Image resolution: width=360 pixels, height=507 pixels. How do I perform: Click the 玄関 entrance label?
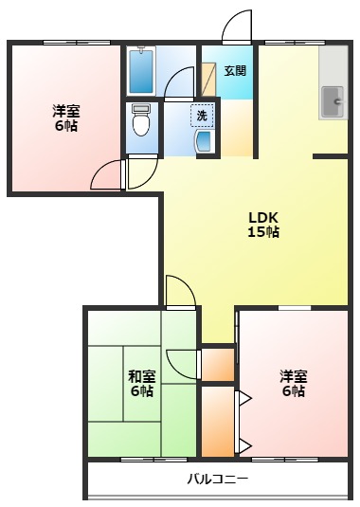coord(235,70)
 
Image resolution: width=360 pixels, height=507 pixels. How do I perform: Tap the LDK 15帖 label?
coord(263,224)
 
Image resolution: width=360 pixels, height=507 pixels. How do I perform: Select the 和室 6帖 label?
coord(141,382)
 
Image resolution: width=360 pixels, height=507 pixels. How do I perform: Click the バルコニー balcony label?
coord(217,479)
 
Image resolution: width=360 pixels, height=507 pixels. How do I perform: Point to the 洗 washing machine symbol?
coord(202,116)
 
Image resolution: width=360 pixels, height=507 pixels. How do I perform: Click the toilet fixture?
coord(141,119)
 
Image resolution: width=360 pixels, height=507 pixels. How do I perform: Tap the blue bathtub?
coord(141,69)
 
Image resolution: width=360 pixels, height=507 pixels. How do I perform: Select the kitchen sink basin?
coord(333,100)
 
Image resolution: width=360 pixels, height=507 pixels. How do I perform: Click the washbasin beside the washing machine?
coord(204,141)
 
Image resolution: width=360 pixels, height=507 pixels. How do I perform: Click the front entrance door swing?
coord(238,27)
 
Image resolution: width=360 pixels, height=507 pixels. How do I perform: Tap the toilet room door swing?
coord(141,172)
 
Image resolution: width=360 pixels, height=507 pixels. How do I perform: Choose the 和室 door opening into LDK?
coord(180,291)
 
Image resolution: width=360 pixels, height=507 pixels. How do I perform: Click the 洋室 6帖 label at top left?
coord(65,118)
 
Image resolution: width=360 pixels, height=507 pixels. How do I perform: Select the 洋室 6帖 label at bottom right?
coord(293,382)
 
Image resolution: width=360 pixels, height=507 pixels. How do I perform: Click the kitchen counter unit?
coord(333,84)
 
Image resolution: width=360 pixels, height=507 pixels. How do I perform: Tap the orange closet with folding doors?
coord(218,419)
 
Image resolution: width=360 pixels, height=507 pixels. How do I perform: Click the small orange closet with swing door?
coord(219,364)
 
